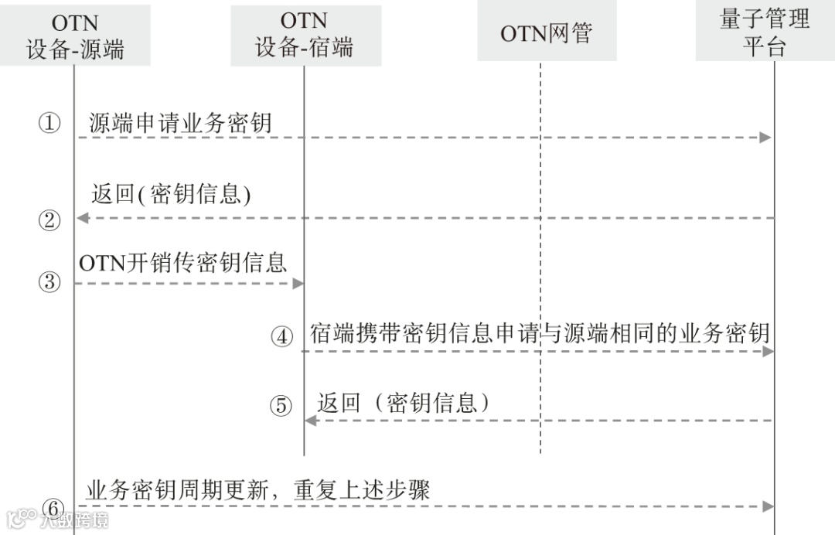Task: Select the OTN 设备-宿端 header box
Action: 305,35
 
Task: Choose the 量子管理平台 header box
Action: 765,32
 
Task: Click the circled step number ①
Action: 49,122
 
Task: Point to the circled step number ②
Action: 49,220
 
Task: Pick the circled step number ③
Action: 49,282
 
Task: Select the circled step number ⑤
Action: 282,405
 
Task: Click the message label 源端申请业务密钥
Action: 180,122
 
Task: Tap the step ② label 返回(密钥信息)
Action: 171,194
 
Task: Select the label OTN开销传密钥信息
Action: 182,262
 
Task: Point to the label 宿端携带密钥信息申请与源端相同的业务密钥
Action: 540,333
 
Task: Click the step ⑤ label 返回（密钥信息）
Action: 404,403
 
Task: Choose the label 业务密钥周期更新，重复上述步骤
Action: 257,489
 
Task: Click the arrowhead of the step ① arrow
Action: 766,138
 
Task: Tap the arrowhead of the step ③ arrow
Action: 298,284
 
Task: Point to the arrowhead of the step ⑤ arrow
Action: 311,421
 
